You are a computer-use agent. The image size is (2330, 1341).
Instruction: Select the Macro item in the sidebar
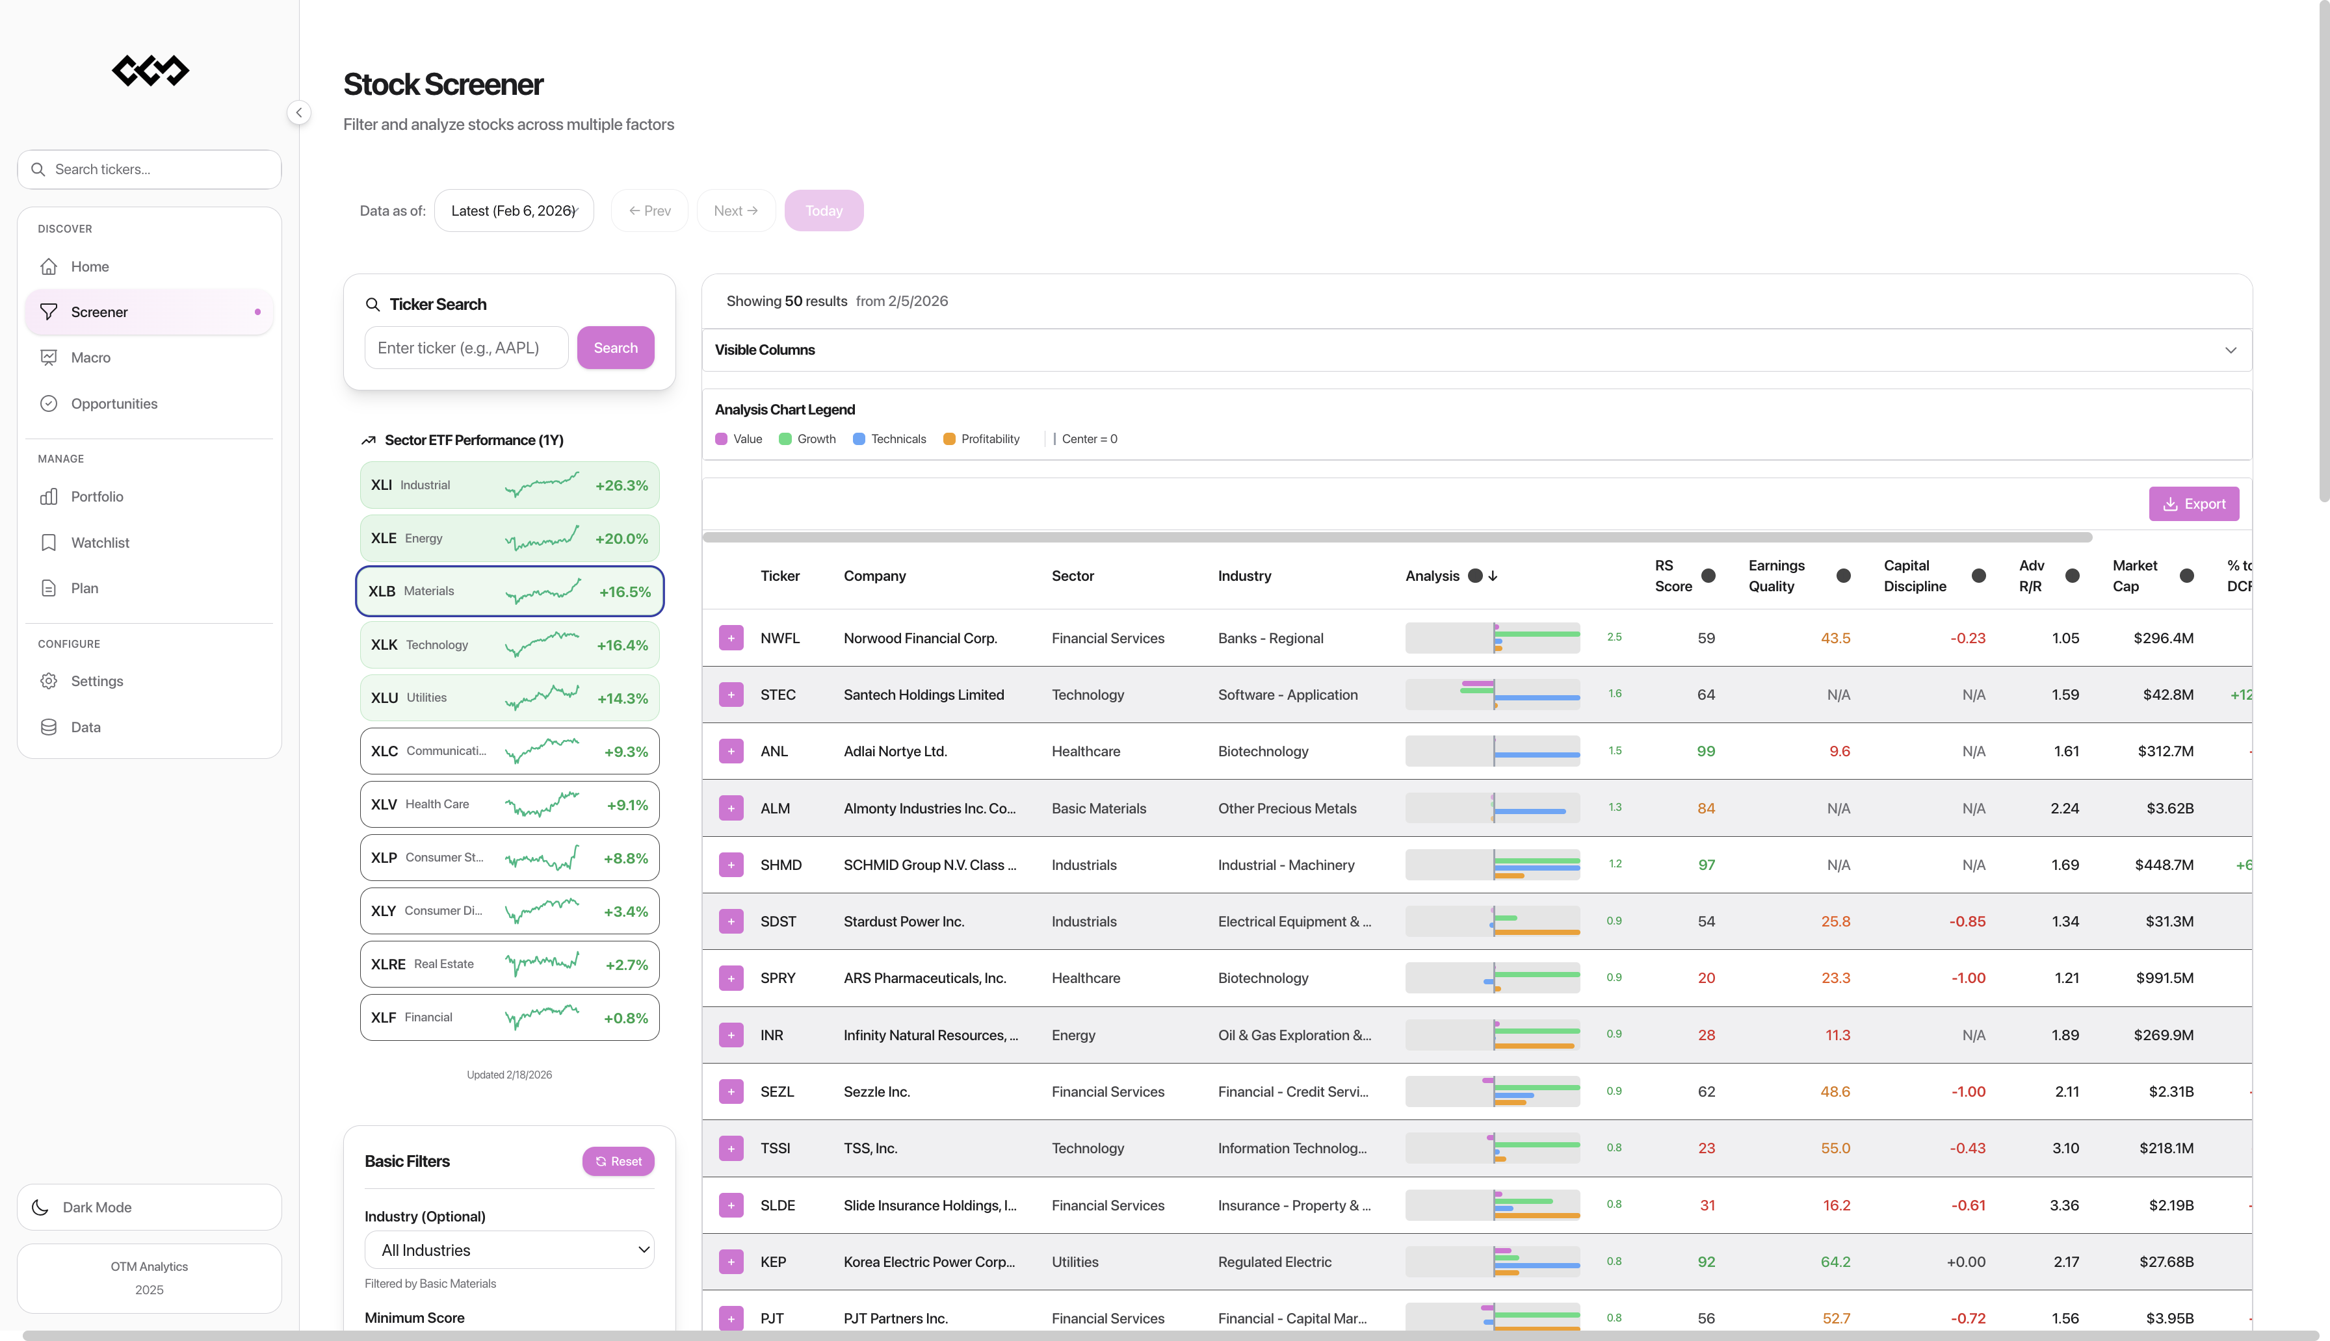coord(90,357)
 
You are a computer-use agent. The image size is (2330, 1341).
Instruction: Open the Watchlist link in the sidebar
coord(99,543)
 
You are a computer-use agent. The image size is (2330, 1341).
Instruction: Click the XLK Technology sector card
coord(510,645)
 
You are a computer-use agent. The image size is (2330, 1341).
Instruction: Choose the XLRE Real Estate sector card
coord(510,964)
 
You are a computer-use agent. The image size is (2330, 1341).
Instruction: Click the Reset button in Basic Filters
coord(618,1162)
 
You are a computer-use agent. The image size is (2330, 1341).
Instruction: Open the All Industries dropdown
coord(510,1250)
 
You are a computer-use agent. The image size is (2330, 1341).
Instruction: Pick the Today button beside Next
coord(824,211)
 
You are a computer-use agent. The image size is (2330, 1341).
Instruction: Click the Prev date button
coord(649,211)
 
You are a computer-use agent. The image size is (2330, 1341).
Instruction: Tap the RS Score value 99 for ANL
coord(1705,752)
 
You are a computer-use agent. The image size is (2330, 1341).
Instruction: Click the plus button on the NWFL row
coord(731,638)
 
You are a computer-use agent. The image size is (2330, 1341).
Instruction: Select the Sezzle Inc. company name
coord(876,1092)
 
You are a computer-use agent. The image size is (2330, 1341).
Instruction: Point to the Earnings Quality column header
coord(1776,576)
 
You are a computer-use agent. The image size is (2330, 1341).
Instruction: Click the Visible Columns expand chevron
coord(2230,350)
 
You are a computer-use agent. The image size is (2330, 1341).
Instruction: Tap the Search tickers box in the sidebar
coord(150,170)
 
